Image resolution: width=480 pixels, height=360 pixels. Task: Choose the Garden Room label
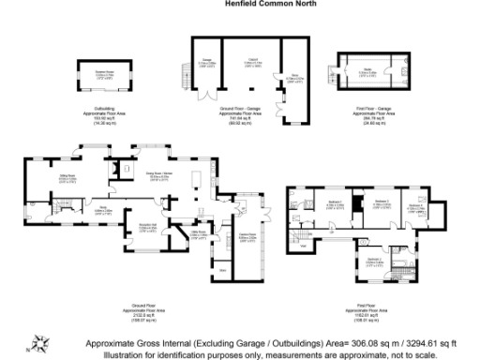[247, 234]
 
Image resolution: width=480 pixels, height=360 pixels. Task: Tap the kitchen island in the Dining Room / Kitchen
[197, 181]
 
